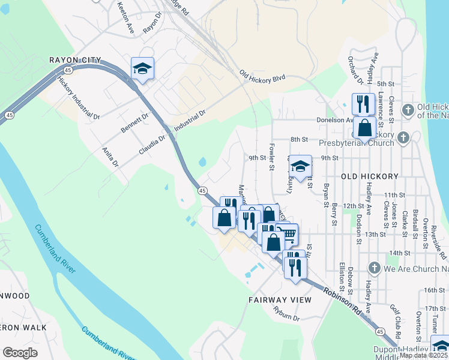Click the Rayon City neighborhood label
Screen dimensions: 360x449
74,60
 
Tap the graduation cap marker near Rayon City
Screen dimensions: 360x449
143,68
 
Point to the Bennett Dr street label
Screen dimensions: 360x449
134,124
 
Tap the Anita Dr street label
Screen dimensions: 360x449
110,157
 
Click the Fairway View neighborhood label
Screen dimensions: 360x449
280,299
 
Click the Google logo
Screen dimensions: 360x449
20,353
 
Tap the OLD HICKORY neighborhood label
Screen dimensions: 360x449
369,176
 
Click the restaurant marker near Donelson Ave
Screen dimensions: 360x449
363,104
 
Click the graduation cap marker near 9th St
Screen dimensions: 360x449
300,166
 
